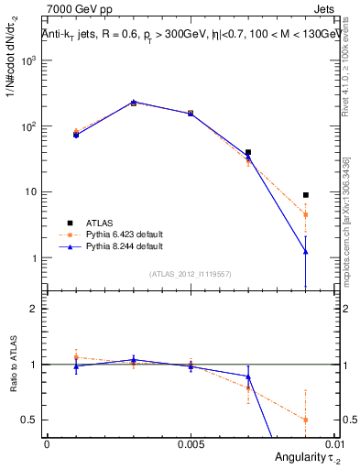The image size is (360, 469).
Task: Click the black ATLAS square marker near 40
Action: [x=248, y=152]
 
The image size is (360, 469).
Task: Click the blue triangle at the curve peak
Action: [x=134, y=102]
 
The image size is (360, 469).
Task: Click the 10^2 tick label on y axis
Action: [x=27, y=126]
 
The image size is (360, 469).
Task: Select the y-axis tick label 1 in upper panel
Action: [x=33, y=258]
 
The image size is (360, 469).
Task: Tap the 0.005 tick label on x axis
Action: [x=191, y=443]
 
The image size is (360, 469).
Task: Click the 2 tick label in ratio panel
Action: [x=33, y=309]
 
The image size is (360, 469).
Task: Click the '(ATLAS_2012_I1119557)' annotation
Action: [x=191, y=274]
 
